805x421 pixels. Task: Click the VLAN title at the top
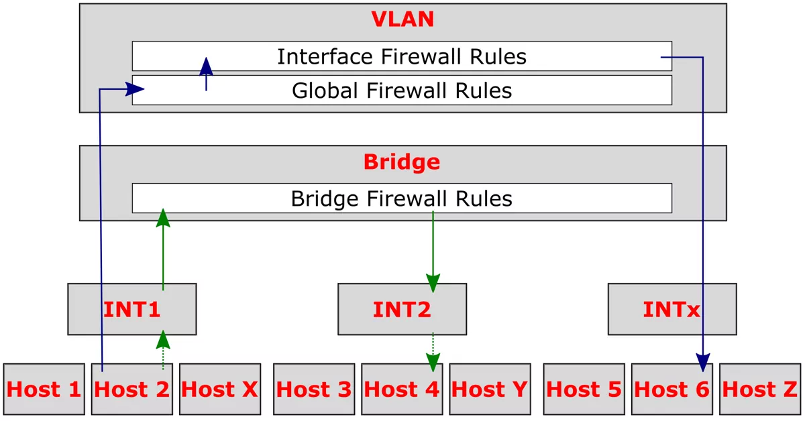tap(402, 19)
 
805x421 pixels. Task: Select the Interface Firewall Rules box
tap(401, 56)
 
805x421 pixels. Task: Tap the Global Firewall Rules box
tap(401, 90)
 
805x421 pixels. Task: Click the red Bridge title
tap(402, 162)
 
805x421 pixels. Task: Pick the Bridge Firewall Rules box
tap(401, 198)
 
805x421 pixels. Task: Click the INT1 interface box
tap(131, 309)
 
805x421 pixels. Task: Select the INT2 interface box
tap(402, 309)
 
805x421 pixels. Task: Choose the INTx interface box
tap(672, 309)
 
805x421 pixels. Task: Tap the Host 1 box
tap(44, 389)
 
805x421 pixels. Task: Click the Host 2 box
tap(131, 389)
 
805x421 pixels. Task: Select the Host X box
tap(219, 389)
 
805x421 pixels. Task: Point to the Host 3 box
tap(314, 389)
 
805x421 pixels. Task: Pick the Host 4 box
tap(402, 389)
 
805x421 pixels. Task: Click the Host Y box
tap(490, 389)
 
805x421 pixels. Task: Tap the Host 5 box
tap(584, 389)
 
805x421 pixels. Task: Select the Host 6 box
tap(672, 389)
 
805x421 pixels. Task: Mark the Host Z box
tap(760, 389)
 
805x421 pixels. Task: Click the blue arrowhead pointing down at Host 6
tap(702, 363)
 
